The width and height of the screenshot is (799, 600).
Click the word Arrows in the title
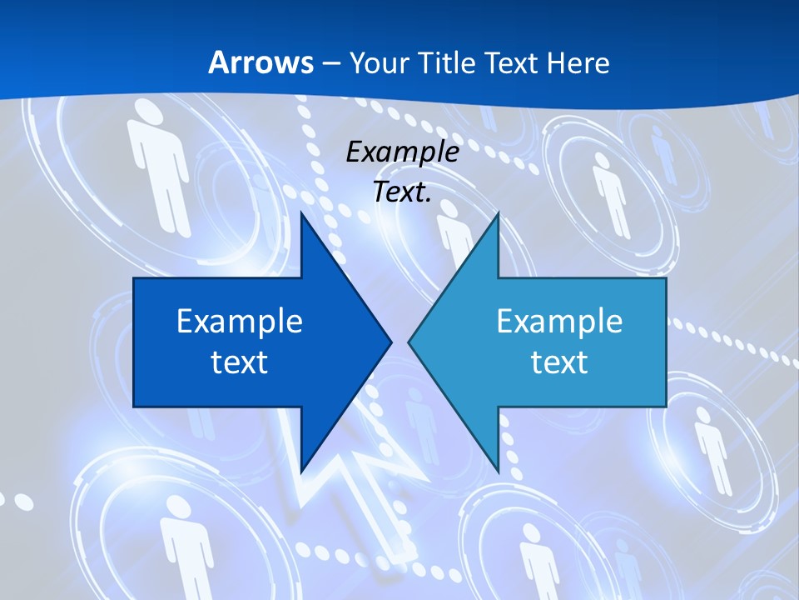pos(261,62)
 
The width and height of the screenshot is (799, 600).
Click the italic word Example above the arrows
pos(403,152)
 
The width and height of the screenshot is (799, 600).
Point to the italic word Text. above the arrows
pos(403,192)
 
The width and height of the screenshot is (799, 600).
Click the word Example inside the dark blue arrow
pos(240,321)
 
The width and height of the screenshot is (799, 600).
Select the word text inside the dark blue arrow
pos(240,362)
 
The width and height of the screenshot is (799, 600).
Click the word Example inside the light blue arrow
pos(559,321)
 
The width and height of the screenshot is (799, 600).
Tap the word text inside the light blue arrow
pos(559,362)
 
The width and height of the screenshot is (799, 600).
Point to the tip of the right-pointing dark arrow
pos(391,342)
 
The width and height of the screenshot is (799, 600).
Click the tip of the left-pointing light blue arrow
pos(409,342)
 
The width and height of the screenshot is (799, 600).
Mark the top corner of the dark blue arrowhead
pos(301,213)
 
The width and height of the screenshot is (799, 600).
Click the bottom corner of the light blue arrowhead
pos(498,470)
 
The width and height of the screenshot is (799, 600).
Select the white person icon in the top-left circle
pos(158,162)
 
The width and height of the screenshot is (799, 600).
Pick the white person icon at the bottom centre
pos(537,558)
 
